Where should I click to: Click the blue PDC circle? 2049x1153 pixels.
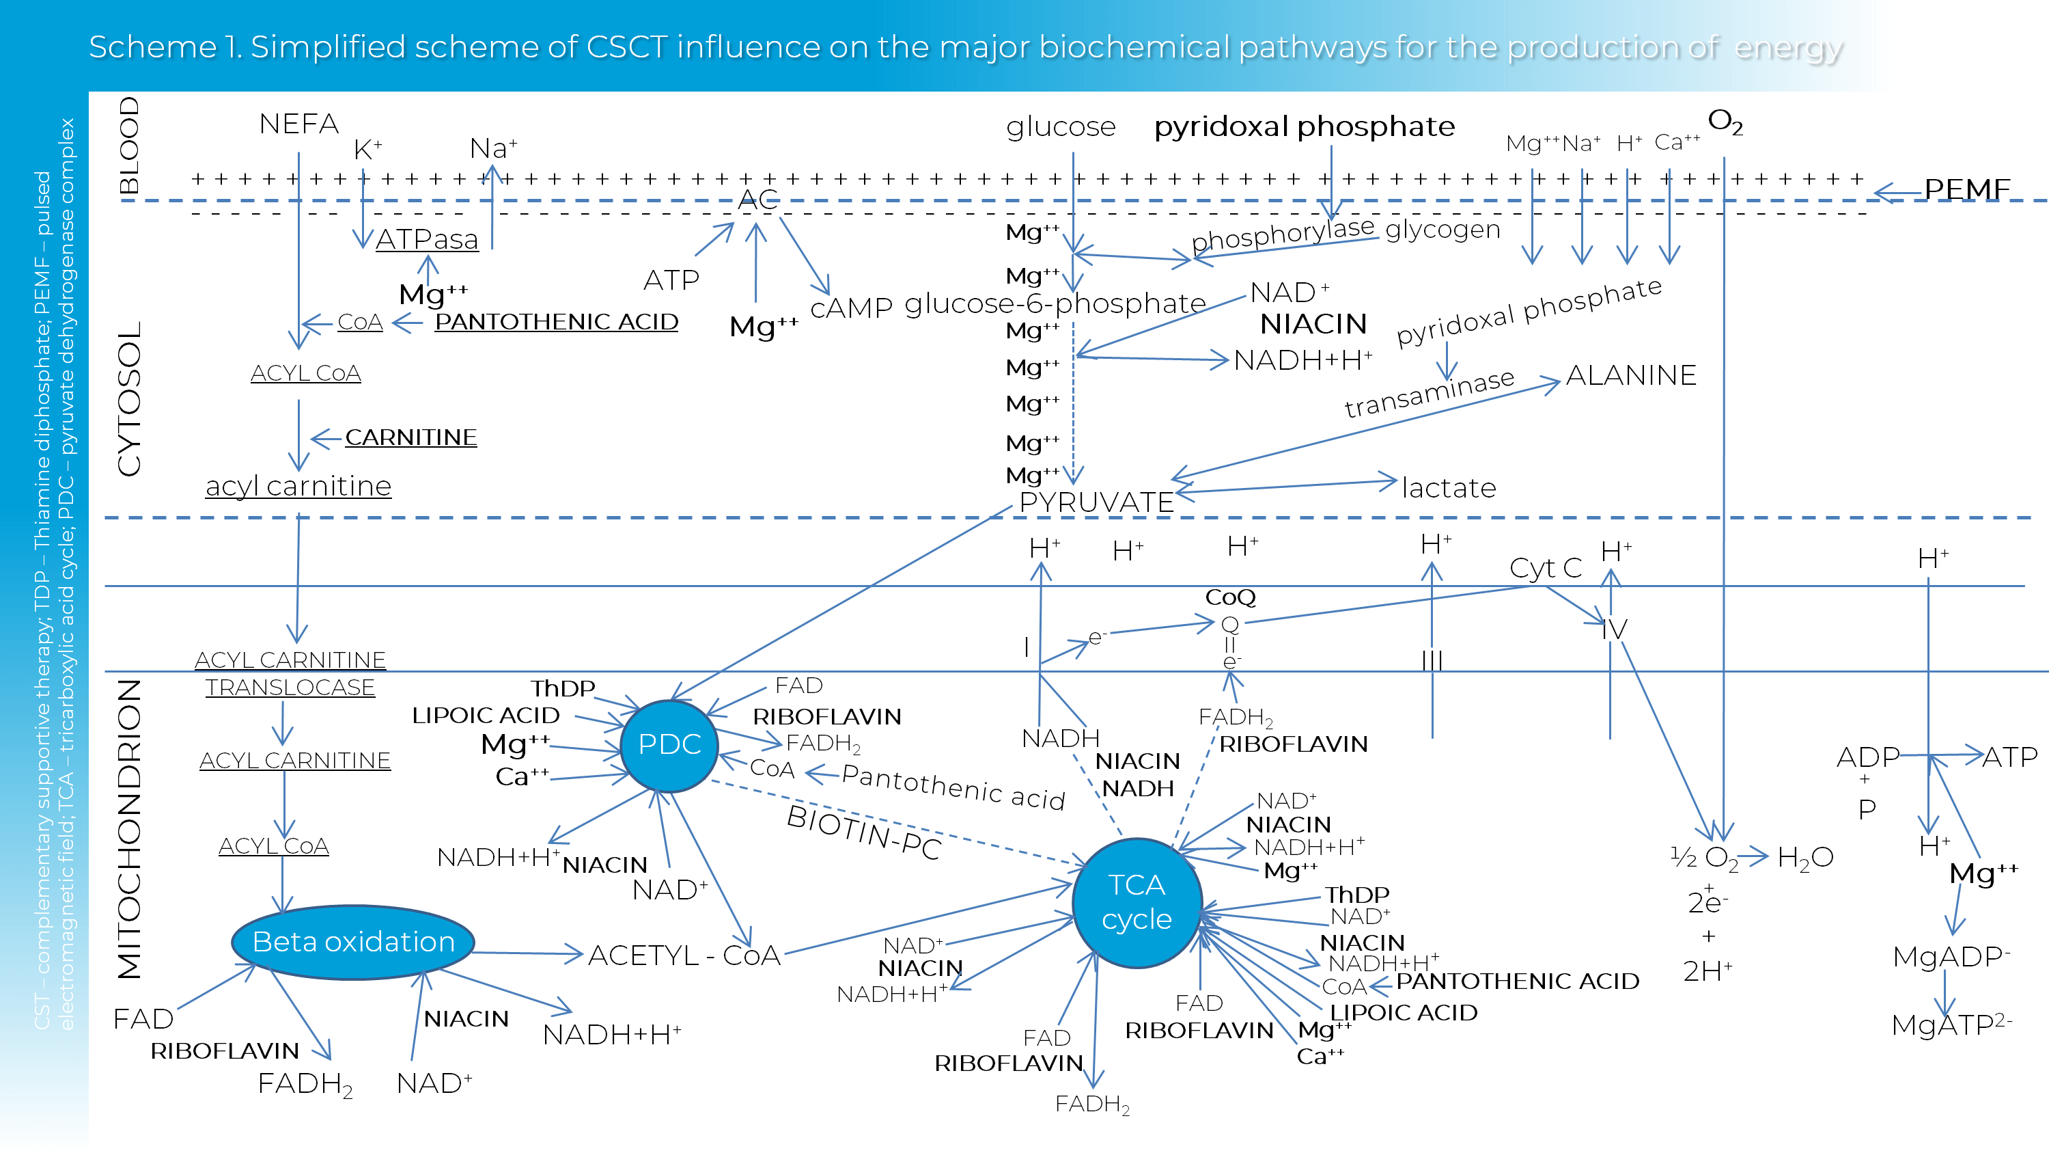tap(669, 745)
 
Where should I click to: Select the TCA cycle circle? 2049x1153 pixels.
tap(1137, 902)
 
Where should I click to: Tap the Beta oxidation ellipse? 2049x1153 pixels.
tap(353, 942)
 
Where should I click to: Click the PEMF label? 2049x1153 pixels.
tap(1966, 189)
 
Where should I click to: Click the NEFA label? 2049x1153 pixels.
tap(299, 124)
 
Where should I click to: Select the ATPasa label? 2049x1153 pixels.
tap(427, 239)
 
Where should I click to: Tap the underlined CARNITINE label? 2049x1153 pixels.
tap(410, 437)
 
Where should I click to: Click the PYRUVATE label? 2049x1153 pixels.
tap(1096, 502)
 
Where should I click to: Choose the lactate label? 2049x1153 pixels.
tap(1449, 488)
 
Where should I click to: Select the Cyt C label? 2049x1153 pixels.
tap(1546, 568)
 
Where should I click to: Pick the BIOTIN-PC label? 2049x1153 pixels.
tap(864, 832)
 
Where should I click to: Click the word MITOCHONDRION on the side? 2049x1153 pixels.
tap(129, 828)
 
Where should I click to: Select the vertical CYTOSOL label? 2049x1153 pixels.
tap(129, 398)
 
